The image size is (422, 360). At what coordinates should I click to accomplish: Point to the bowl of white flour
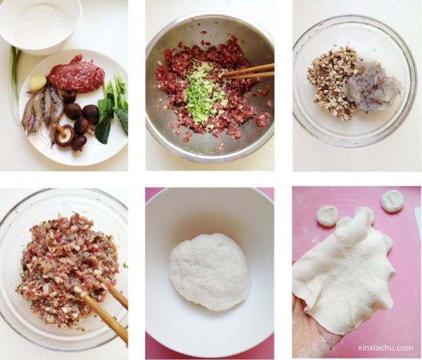[40, 25]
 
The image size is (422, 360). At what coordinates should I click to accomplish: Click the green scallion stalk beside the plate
[15, 81]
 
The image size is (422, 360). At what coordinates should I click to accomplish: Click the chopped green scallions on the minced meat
[201, 95]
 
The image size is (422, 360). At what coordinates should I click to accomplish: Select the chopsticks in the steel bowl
[248, 72]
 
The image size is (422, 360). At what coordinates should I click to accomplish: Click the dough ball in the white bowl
[209, 272]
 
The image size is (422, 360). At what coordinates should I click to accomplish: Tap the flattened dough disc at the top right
[392, 201]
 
